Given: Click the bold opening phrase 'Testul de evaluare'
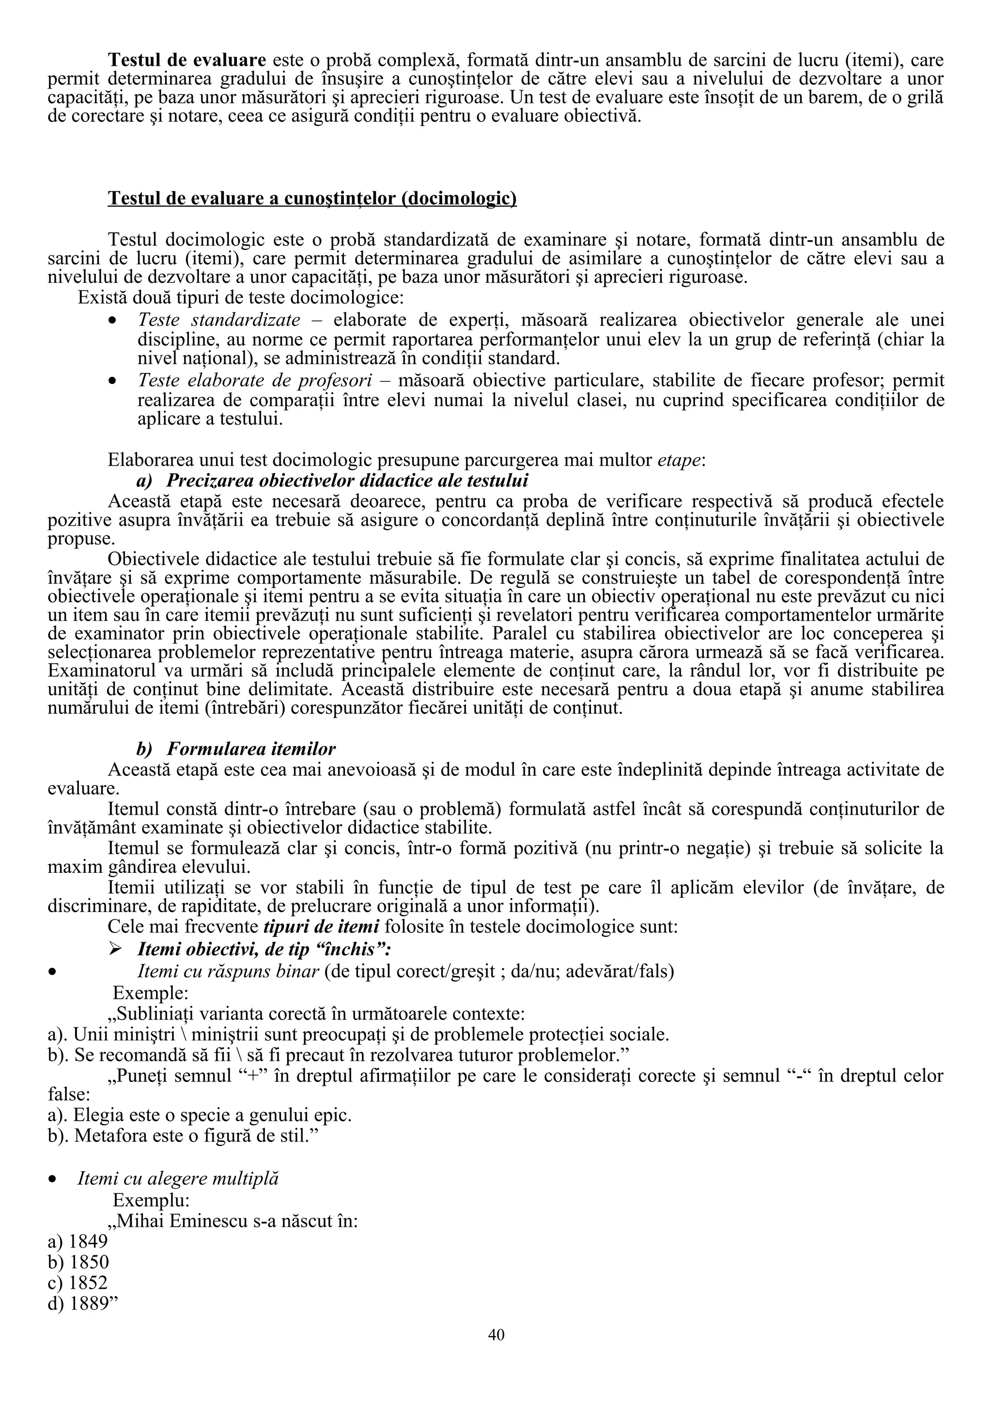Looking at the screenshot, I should [187, 60].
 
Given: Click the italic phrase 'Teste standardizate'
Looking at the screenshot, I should [219, 320].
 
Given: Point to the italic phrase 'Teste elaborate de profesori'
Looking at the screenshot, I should [255, 380].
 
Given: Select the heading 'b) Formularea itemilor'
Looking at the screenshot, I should [236, 748].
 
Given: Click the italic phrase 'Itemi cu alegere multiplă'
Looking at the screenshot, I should [178, 1179].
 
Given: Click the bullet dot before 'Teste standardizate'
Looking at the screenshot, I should [112, 321].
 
